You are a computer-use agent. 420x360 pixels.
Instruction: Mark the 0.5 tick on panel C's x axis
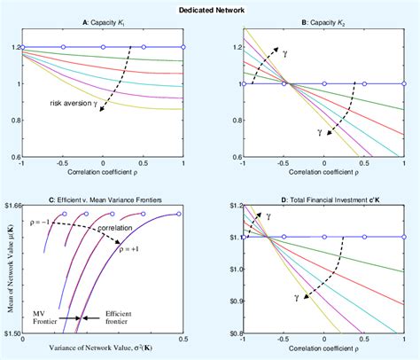[183, 340]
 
